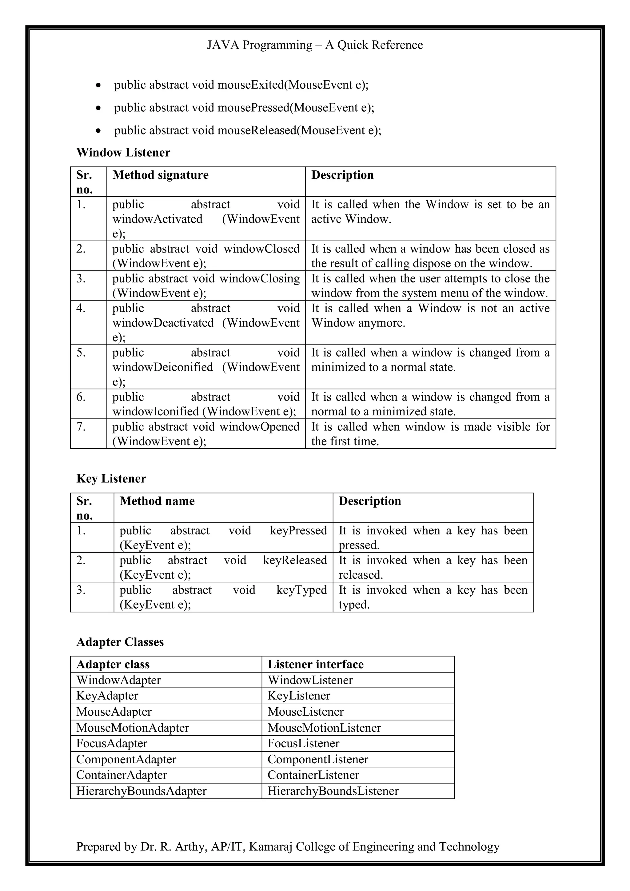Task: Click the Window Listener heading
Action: click(x=123, y=153)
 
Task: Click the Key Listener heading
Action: click(x=111, y=478)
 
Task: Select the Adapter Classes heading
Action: click(x=120, y=642)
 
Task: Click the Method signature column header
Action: click(x=160, y=175)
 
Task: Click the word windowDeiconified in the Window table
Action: click(x=162, y=367)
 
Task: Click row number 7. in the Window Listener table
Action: click(x=81, y=427)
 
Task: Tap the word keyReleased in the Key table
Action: click(x=295, y=560)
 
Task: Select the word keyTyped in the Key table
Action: click(x=301, y=590)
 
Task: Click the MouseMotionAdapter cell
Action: click(x=132, y=728)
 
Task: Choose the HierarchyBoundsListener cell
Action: click(x=333, y=791)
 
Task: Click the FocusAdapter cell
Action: click(x=112, y=743)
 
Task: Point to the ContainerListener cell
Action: click(x=313, y=775)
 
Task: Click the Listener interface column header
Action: click(x=315, y=664)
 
